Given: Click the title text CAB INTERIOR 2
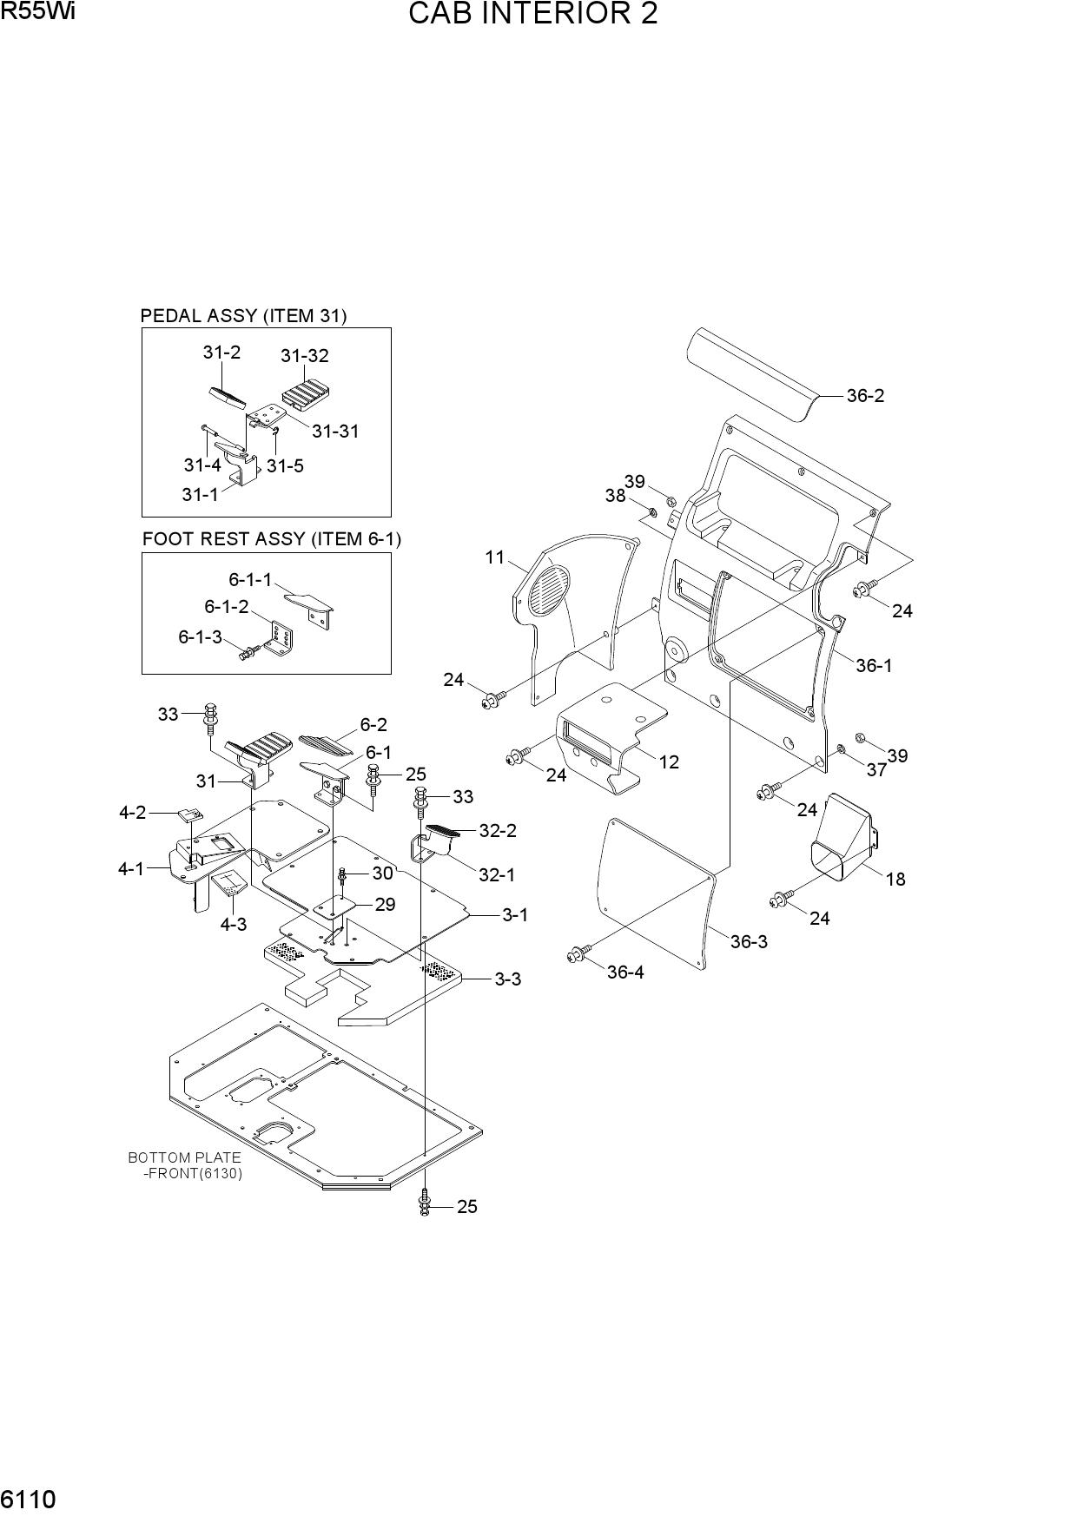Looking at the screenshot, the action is tap(532, 14).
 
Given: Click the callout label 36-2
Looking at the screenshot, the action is tap(865, 396).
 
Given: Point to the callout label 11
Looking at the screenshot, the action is tap(495, 557).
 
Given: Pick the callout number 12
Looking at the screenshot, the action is tap(669, 762).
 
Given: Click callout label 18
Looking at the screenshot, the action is tap(895, 880).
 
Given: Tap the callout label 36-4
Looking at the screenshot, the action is tap(625, 972).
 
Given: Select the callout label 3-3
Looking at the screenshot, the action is tap(508, 979).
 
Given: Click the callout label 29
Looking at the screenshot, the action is tap(385, 905).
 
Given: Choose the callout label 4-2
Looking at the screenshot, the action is tap(133, 813).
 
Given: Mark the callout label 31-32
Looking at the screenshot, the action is tap(305, 356).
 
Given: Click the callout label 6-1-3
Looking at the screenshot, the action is tap(201, 637).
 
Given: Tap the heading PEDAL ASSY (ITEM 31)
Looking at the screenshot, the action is tap(244, 316).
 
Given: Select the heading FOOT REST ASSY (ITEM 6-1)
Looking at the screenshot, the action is tap(272, 539).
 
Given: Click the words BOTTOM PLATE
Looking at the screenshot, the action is tap(184, 1157).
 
